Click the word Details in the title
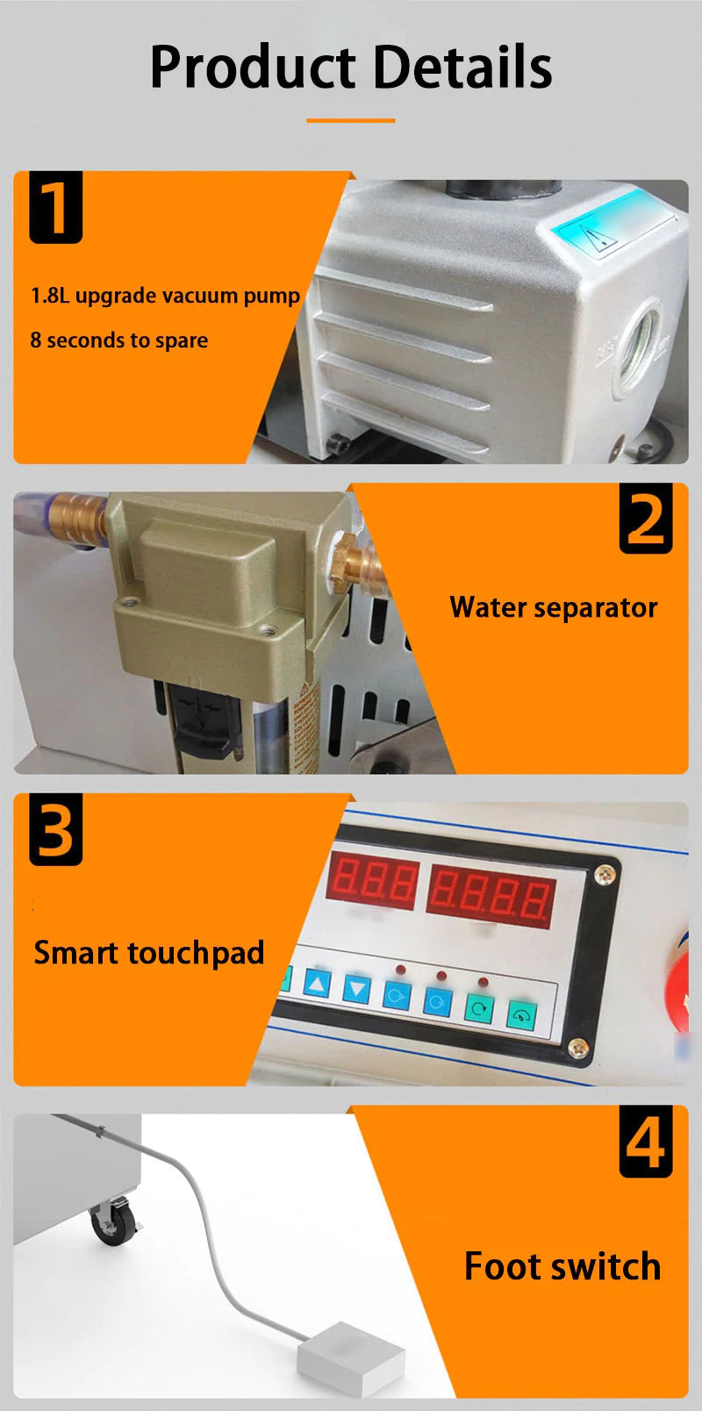click(463, 67)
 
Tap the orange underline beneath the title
click(351, 120)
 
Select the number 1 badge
click(55, 208)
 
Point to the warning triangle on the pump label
click(596, 238)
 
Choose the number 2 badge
click(646, 519)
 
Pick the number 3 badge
click(55, 829)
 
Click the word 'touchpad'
click(196, 953)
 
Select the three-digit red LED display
click(373, 881)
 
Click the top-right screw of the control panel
click(605, 874)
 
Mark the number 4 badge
click(646, 1142)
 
